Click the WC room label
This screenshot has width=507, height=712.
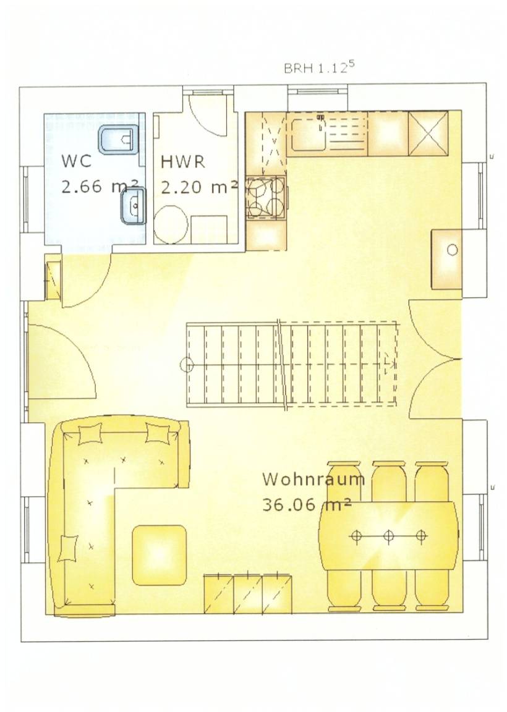pyautogui.click(x=76, y=161)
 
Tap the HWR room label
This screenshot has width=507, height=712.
pyautogui.click(x=182, y=162)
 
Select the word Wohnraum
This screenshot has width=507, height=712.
pyautogui.click(x=313, y=479)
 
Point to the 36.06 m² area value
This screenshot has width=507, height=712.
pyautogui.click(x=307, y=505)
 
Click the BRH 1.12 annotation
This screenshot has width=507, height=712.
pyautogui.click(x=318, y=67)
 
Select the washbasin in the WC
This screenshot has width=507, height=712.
pyautogui.click(x=132, y=206)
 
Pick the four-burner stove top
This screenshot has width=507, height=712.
pyautogui.click(x=266, y=198)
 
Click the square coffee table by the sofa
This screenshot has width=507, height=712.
pyautogui.click(x=159, y=554)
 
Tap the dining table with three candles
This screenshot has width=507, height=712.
pyautogui.click(x=388, y=536)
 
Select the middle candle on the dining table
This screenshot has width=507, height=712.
pyautogui.click(x=388, y=536)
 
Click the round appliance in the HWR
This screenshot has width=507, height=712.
pyautogui.click(x=171, y=224)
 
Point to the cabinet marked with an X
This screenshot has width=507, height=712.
pyautogui.click(x=428, y=134)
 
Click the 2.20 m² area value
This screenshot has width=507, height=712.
pyautogui.click(x=199, y=187)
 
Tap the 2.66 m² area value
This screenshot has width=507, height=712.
pyautogui.click(x=100, y=186)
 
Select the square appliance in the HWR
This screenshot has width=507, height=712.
pyautogui.click(x=208, y=229)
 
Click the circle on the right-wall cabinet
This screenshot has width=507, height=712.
pyautogui.click(x=452, y=250)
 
